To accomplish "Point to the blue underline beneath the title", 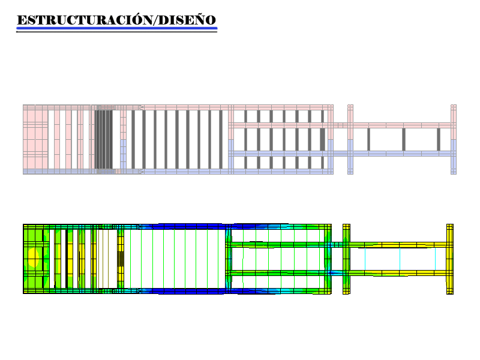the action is (116, 28).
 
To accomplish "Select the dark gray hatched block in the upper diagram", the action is (103, 139).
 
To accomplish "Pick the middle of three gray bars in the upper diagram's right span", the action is (404, 139).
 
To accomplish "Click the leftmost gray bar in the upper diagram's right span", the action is (368, 139).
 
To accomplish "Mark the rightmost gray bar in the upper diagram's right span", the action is (439, 139).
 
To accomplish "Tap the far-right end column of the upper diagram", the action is (454, 139).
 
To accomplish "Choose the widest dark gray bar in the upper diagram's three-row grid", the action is (323, 139).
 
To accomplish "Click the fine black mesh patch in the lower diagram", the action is (121, 259).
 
